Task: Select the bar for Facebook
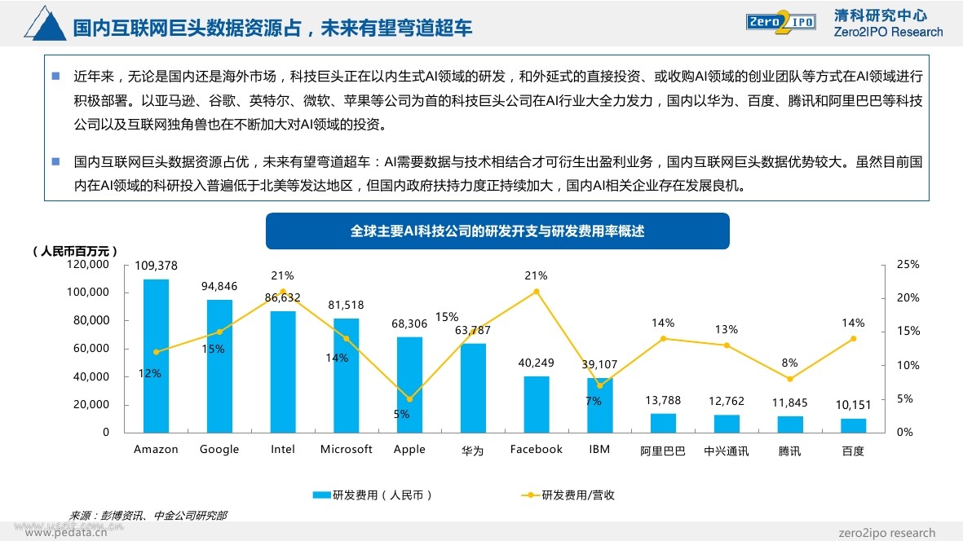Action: (x=536, y=404)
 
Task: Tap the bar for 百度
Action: (x=853, y=425)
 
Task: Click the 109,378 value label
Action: (x=156, y=266)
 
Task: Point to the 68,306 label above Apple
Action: (x=409, y=323)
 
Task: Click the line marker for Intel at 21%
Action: (x=283, y=292)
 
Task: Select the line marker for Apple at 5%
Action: (x=409, y=399)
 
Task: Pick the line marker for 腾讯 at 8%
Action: (x=789, y=379)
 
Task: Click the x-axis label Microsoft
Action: (x=346, y=449)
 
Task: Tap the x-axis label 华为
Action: (x=472, y=450)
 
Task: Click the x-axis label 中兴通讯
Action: (x=726, y=450)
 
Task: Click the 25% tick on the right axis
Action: (x=908, y=265)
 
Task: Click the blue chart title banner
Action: (x=497, y=231)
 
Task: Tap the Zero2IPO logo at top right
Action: (x=780, y=22)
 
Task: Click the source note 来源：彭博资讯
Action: (x=148, y=515)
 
